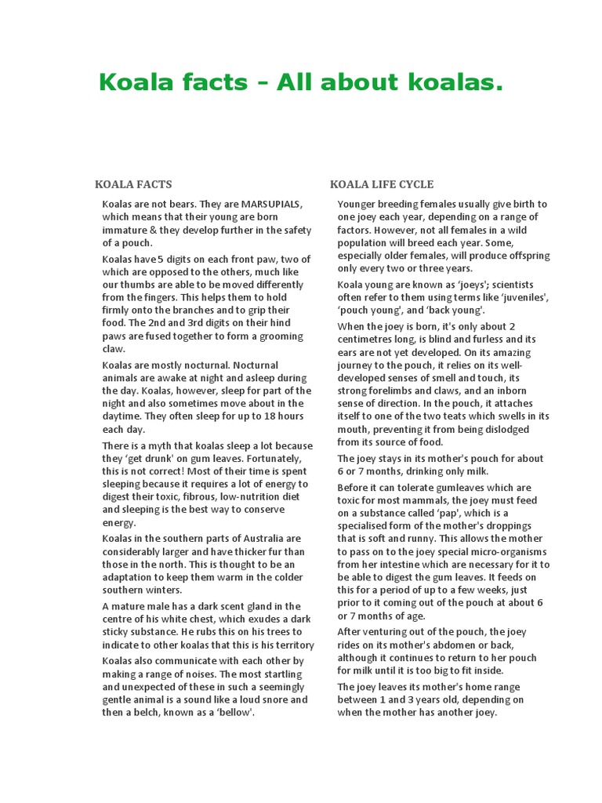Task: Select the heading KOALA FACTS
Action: (x=133, y=185)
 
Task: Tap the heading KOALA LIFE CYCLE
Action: (x=382, y=185)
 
